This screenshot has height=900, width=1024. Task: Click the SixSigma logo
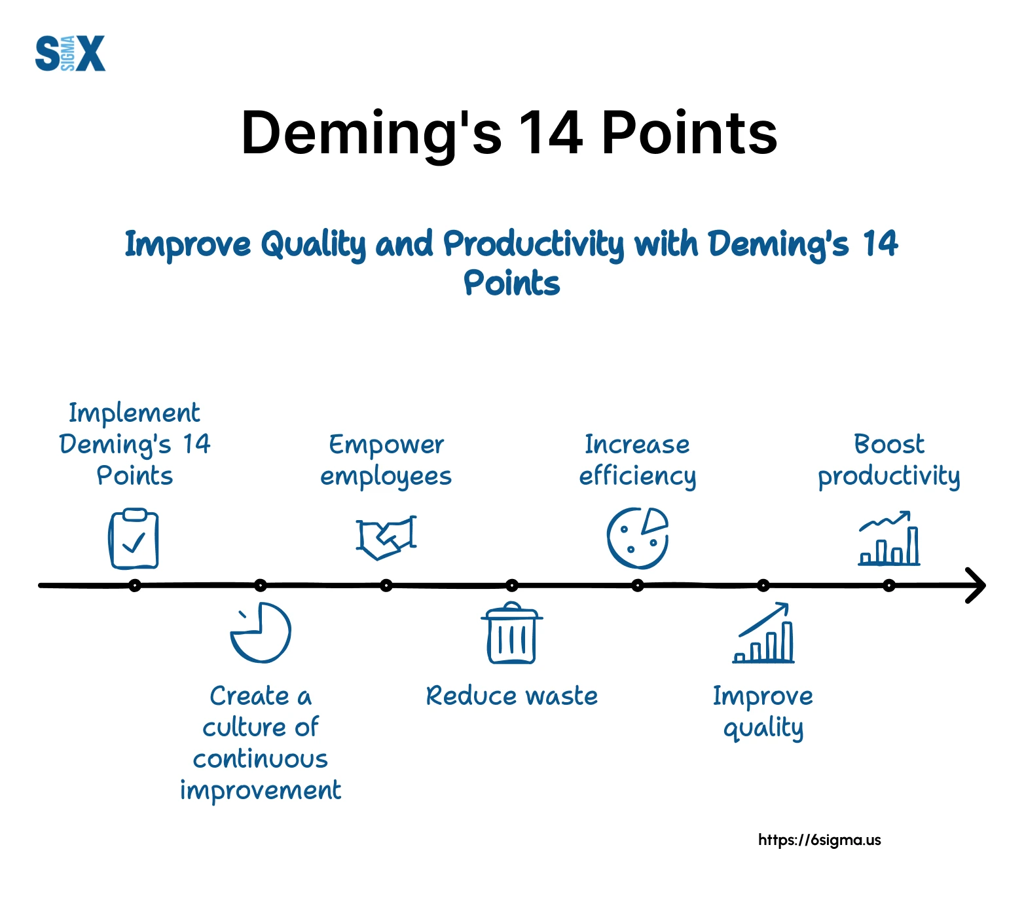pyautogui.click(x=70, y=53)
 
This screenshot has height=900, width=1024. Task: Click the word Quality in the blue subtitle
pyautogui.click(x=313, y=245)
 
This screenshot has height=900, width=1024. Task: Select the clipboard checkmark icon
pyautogui.click(x=134, y=538)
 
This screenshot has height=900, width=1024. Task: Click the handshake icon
pyautogui.click(x=386, y=537)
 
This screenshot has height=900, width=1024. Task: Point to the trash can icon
pyautogui.click(x=512, y=633)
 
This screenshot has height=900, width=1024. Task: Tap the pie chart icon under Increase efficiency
pyautogui.click(x=638, y=538)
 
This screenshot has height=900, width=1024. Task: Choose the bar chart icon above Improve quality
pyautogui.click(x=763, y=633)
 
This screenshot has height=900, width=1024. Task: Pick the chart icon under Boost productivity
pyautogui.click(x=889, y=538)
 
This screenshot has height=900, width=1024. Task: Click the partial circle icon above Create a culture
pyautogui.click(x=261, y=632)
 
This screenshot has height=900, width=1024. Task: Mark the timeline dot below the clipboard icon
pyautogui.click(x=135, y=586)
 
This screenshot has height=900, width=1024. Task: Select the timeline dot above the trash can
pyautogui.click(x=512, y=586)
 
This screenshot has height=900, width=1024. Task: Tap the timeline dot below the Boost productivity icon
pyautogui.click(x=889, y=586)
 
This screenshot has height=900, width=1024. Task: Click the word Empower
pyautogui.click(x=386, y=445)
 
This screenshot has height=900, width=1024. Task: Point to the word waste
pyautogui.click(x=562, y=696)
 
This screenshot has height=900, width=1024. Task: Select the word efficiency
pyautogui.click(x=638, y=476)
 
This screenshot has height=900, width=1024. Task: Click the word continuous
pyautogui.click(x=261, y=759)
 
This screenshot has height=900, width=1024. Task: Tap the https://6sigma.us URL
pyautogui.click(x=820, y=840)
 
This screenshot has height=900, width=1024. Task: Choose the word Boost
pyautogui.click(x=889, y=444)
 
